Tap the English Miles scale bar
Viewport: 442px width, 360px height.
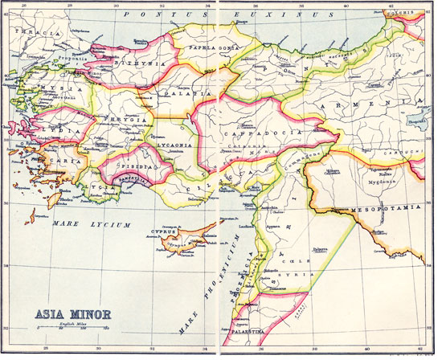[71, 328]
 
